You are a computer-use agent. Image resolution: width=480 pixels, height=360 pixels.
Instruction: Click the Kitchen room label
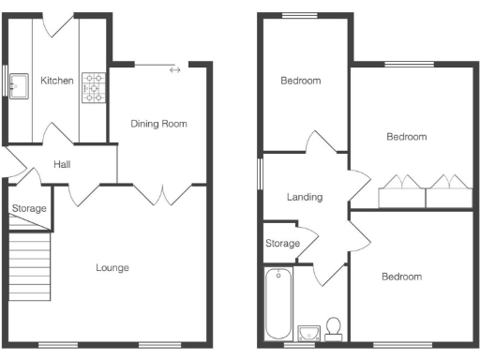(56, 81)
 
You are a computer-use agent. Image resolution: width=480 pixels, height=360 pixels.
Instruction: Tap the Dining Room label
(158, 123)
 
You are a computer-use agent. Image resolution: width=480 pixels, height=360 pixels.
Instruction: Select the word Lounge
(112, 267)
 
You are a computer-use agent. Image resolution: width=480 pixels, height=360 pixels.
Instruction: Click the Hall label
(62, 164)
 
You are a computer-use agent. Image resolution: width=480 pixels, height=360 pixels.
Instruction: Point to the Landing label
(305, 197)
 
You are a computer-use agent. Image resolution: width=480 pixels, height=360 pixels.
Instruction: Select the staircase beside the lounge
(30, 266)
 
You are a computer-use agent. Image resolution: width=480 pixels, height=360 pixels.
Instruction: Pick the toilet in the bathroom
(332, 327)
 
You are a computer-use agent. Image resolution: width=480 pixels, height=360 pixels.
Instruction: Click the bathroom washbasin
(307, 331)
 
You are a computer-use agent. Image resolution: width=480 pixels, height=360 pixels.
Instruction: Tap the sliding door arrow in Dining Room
(174, 69)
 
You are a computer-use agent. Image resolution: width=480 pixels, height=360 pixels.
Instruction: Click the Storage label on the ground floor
(29, 208)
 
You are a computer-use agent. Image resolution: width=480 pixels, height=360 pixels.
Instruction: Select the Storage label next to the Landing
(282, 244)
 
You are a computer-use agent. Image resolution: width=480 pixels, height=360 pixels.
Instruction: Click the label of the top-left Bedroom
(301, 81)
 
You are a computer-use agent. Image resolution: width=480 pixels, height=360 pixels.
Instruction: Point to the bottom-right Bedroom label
(401, 277)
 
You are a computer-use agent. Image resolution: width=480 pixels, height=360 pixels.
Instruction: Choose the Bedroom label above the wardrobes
(407, 137)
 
